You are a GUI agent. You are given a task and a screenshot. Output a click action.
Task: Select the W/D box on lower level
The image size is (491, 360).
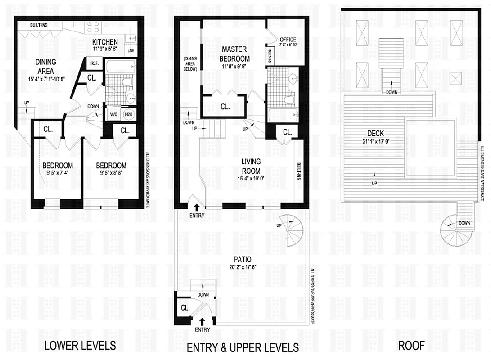tap(113, 114)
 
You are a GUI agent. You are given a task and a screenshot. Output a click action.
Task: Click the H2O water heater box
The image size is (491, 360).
tap(129, 114)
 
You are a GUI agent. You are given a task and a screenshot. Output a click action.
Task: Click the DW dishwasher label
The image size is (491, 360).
tap(131, 50)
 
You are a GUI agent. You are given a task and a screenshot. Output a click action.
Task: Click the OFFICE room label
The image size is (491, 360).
tap(288, 40)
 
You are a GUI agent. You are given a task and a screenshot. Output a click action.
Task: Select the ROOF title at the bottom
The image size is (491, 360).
tap(411, 346)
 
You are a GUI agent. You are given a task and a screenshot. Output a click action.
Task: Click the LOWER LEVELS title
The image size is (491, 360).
tap(80, 346)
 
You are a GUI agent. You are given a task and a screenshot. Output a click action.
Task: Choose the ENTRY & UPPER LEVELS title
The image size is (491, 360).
tap(243, 347)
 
